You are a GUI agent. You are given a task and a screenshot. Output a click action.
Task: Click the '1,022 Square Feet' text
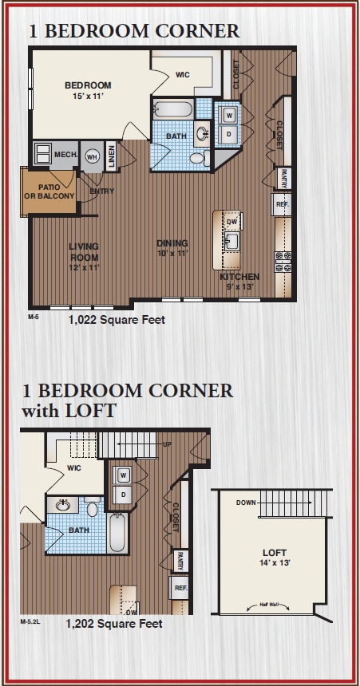[116, 320]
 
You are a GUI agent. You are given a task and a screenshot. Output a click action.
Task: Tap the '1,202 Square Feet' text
[115, 623]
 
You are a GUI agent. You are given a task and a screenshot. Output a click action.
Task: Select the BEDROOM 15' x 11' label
[88, 90]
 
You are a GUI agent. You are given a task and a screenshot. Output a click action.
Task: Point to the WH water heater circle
[92, 156]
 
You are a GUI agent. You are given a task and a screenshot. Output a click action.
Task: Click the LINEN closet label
[111, 155]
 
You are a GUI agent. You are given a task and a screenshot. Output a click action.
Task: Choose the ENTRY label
[102, 191]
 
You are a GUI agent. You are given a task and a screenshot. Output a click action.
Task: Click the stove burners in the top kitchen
[283, 261]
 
